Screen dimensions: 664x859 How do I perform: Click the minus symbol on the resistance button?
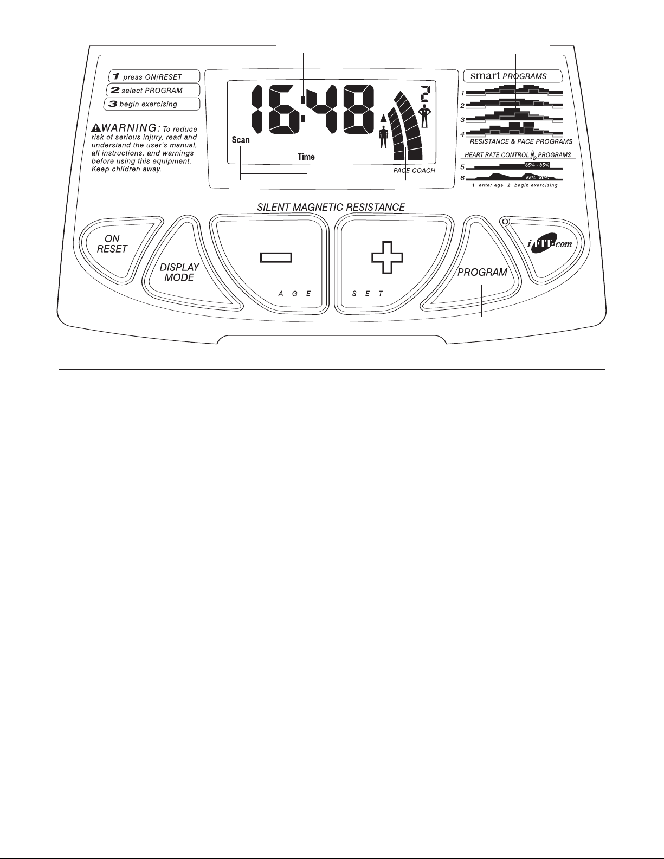tap(276, 258)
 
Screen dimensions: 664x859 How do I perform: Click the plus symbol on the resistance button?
tap(388, 257)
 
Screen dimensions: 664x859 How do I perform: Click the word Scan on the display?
tap(241, 140)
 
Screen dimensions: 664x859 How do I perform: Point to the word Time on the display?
tap(306, 157)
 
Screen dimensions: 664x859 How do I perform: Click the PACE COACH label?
tap(414, 170)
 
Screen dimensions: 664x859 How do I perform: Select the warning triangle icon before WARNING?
tap(96, 128)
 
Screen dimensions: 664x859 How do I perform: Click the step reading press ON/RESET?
tap(152, 77)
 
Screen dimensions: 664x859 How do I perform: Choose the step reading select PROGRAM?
tap(152, 91)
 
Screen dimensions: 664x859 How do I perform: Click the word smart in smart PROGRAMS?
tap(485, 75)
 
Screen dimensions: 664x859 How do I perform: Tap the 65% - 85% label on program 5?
tap(537, 165)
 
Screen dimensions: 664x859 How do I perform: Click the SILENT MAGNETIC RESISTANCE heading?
tap(331, 207)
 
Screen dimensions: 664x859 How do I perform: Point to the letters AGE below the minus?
tap(295, 294)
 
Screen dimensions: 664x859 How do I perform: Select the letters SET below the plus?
tap(368, 294)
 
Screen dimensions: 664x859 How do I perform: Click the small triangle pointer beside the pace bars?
tap(384, 117)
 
